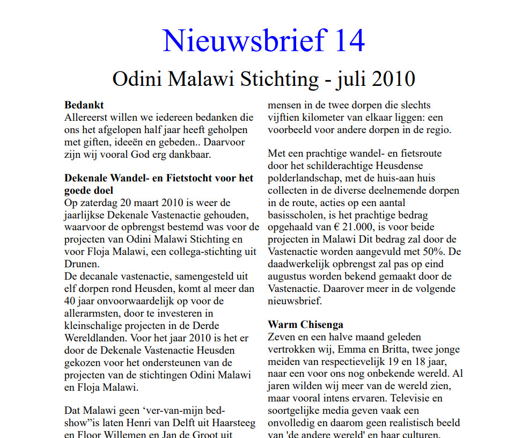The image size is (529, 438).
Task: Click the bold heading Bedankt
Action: pyautogui.click(x=84, y=105)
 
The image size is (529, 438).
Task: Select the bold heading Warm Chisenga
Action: pyautogui.click(x=306, y=325)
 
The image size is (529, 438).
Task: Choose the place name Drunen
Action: pyautogui.click(x=81, y=264)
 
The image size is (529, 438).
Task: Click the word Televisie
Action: pyautogui.click(x=421, y=398)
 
